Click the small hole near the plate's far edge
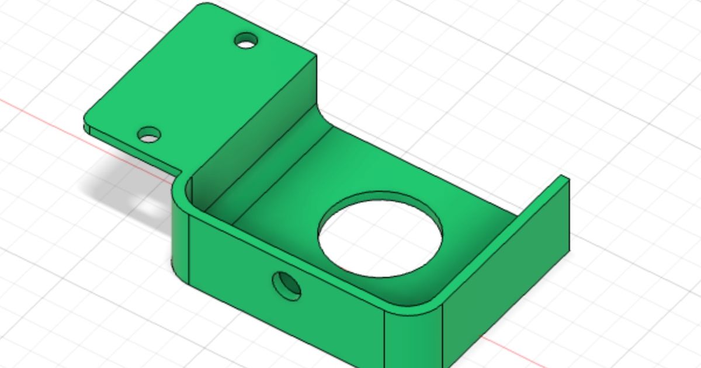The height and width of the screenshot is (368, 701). click(246, 41)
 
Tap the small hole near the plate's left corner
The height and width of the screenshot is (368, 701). click(150, 136)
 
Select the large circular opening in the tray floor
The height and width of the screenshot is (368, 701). click(380, 234)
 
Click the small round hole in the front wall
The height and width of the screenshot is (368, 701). click(287, 286)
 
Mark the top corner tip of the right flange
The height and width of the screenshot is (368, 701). click(564, 177)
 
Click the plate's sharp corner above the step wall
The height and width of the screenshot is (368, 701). click(315, 57)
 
